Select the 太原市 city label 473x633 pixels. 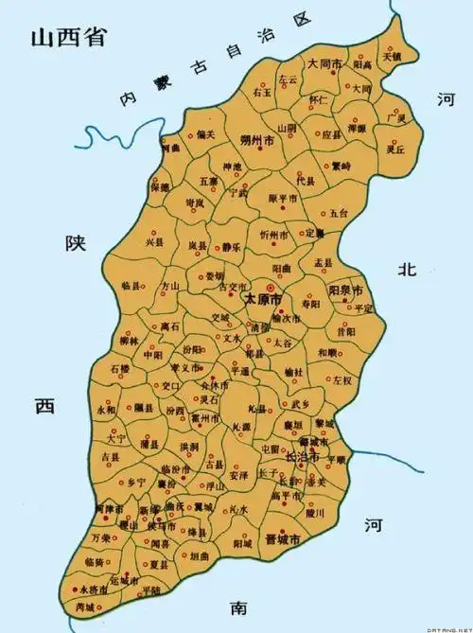264,298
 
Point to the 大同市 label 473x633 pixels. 324,63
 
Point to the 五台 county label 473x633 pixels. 340,213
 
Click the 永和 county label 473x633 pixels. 106,412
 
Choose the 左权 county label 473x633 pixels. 341,380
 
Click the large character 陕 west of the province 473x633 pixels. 76,243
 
